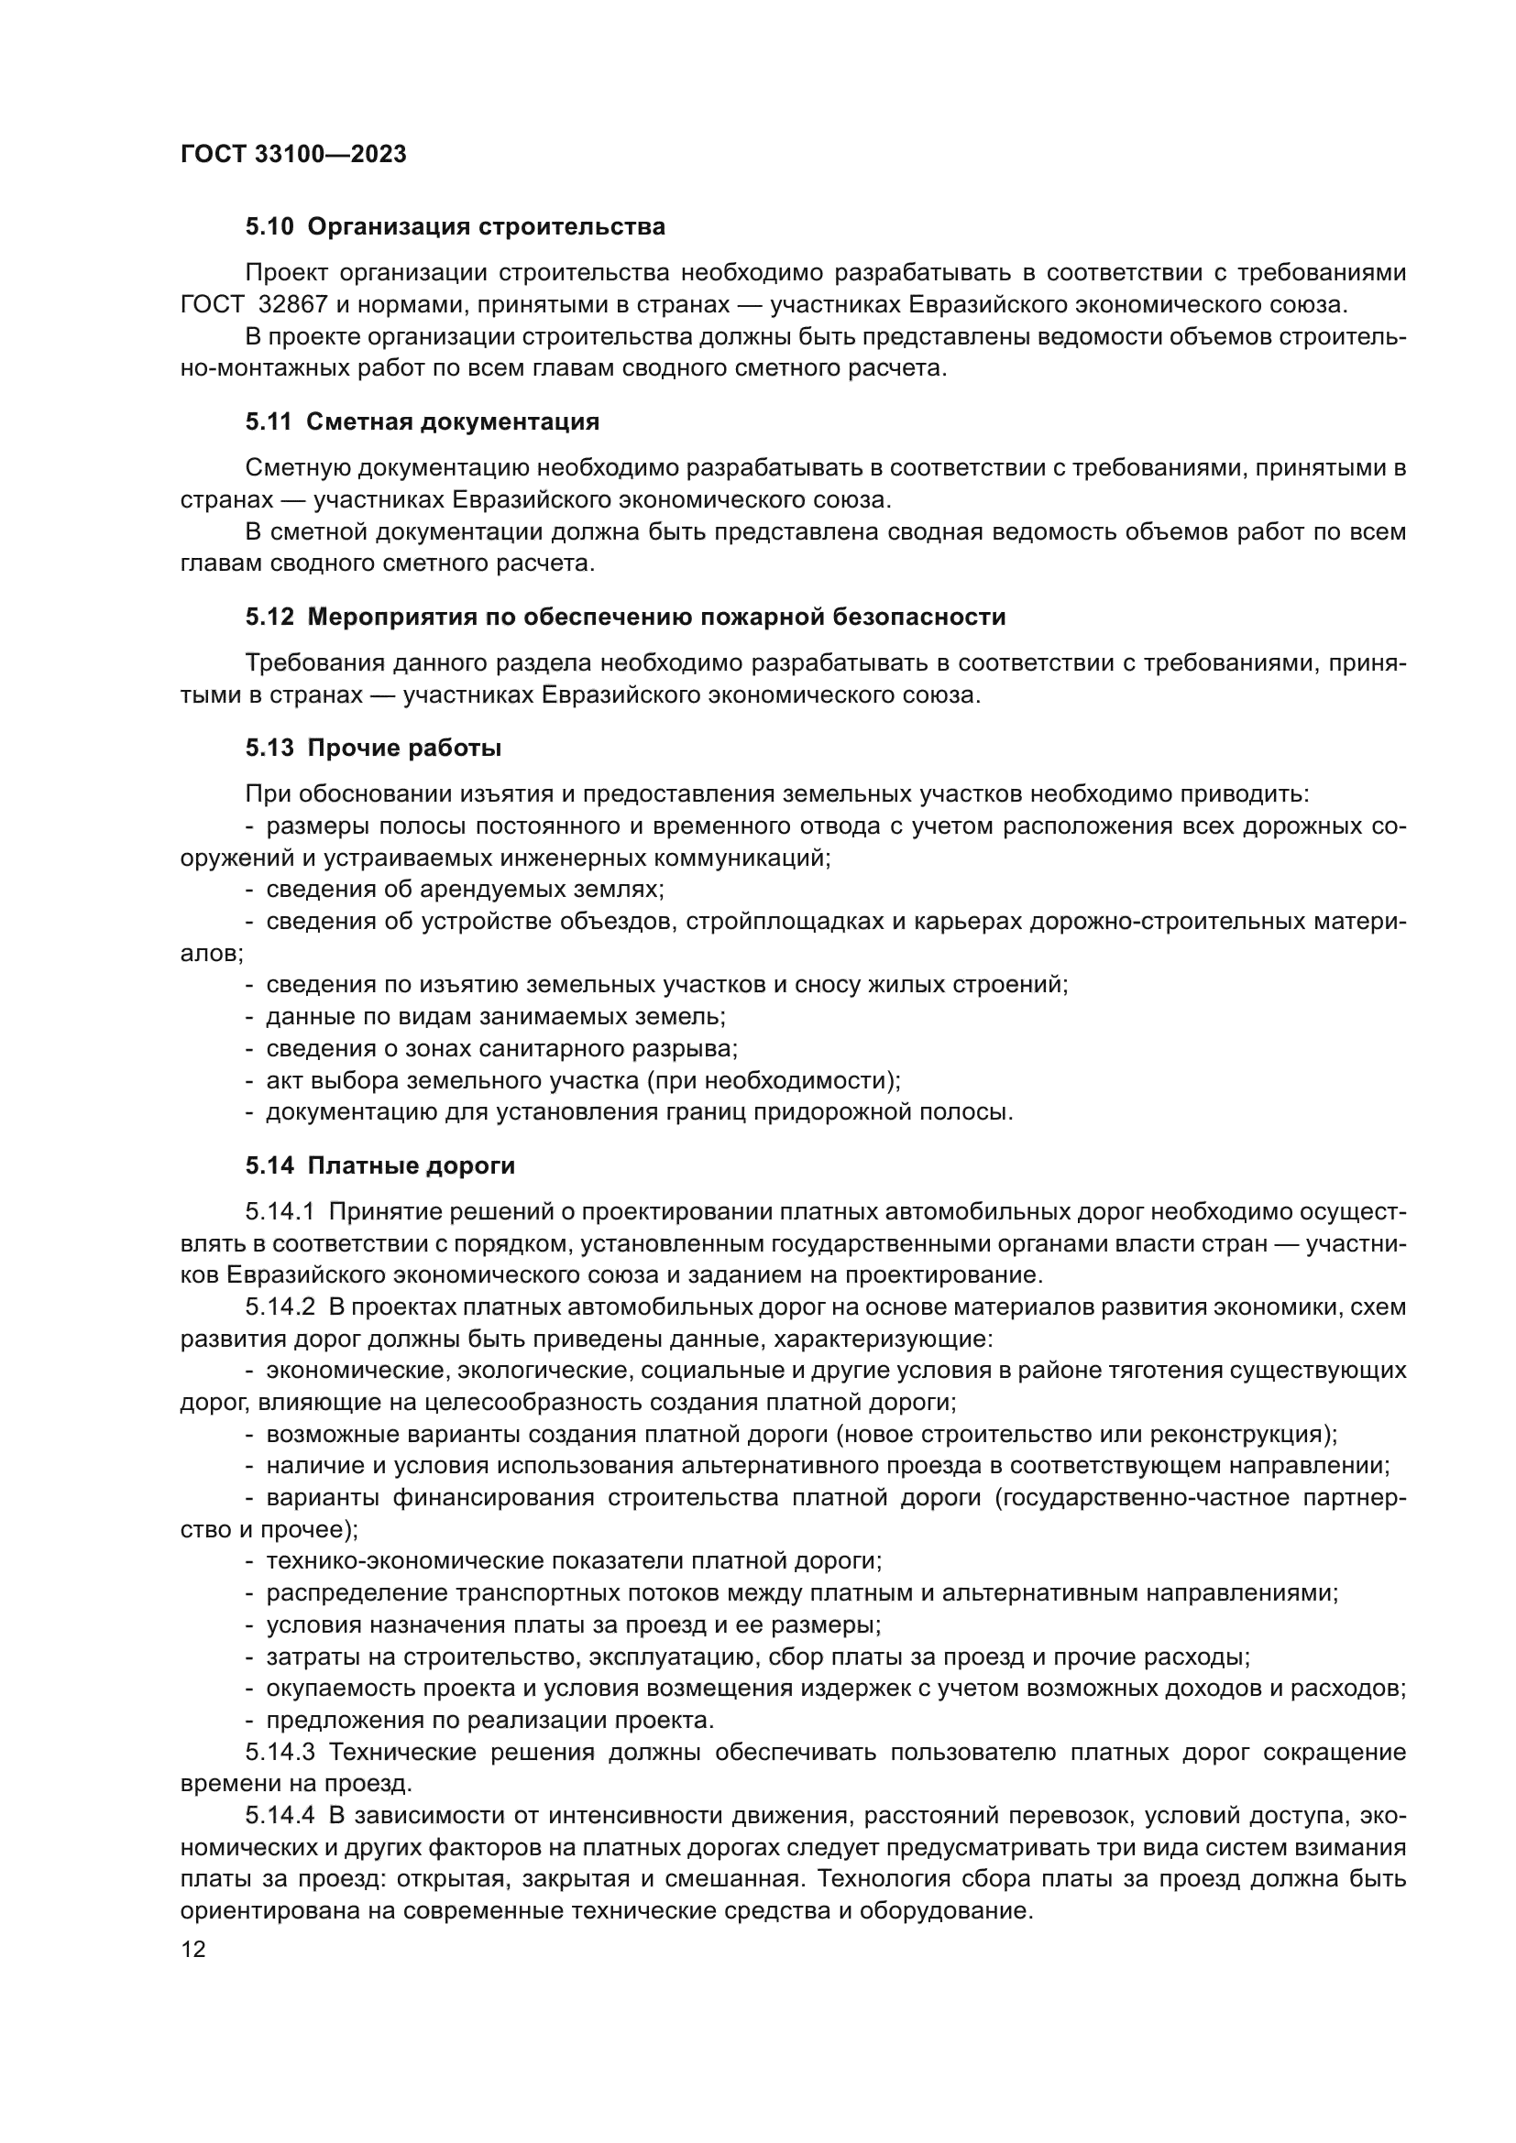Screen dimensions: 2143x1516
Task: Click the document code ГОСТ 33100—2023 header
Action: (x=293, y=154)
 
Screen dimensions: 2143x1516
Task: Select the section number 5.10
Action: (x=269, y=227)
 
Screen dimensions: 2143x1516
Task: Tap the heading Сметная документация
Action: (x=453, y=421)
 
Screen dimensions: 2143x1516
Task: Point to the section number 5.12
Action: (x=269, y=617)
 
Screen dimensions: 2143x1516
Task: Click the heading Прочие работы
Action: (x=404, y=748)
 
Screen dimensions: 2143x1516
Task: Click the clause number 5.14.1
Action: (x=281, y=1211)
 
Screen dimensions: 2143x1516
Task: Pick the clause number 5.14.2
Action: (x=281, y=1307)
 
